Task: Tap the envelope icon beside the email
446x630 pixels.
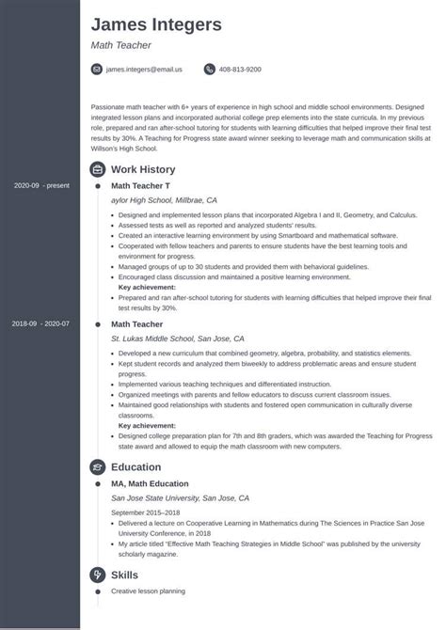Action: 97,70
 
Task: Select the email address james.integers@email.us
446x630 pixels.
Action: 144,70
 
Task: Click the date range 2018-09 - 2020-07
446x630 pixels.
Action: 41,323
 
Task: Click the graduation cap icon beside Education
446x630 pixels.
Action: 97,440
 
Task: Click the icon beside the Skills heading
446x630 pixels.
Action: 97,574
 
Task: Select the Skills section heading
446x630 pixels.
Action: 124,574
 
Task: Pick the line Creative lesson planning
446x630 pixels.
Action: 149,591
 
